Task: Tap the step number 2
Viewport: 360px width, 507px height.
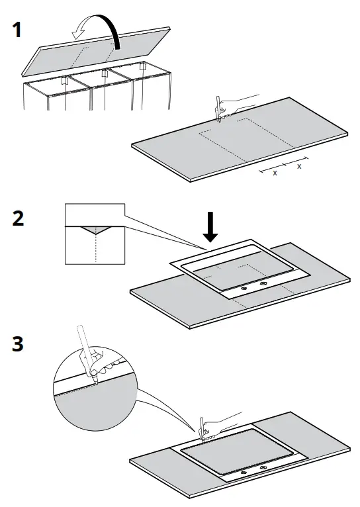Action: coord(19,219)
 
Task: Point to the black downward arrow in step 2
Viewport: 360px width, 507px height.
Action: coord(210,227)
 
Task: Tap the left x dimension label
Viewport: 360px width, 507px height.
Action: coord(275,172)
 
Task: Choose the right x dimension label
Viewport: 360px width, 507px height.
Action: coord(299,166)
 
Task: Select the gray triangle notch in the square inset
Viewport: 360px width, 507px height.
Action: coord(95,230)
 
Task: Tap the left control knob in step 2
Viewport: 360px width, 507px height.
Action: coord(242,288)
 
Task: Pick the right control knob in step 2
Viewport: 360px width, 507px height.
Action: coord(265,283)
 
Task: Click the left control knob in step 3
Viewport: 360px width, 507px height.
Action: coord(242,473)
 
